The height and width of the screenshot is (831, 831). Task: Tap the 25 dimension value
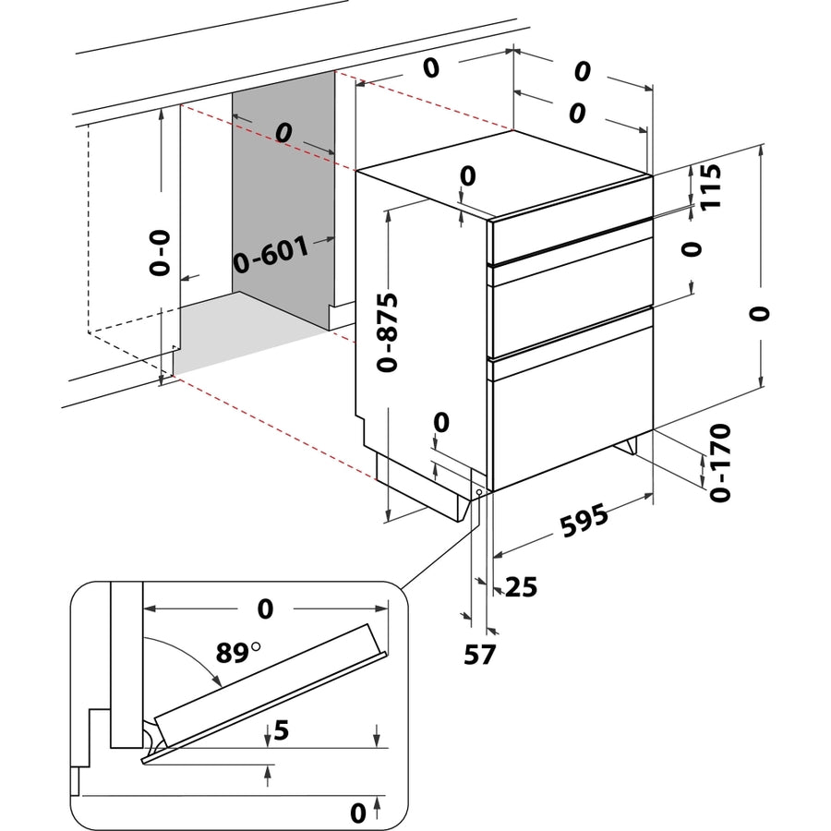click(x=521, y=585)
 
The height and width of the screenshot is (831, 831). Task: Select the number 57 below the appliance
click(x=480, y=654)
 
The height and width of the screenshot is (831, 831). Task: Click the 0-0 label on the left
click(x=161, y=254)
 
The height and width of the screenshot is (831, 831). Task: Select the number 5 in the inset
click(x=283, y=732)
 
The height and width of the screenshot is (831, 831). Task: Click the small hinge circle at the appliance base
click(x=480, y=492)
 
